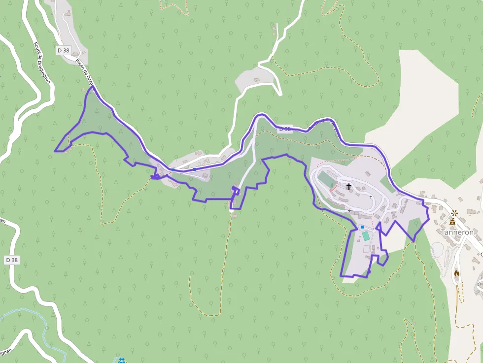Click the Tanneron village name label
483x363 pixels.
pyautogui.click(x=457, y=232)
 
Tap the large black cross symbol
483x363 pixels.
pyautogui.click(x=349, y=187)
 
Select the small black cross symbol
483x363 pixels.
pyautogui.click(x=371, y=197)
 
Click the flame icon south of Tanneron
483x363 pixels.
pyautogui.click(x=457, y=273)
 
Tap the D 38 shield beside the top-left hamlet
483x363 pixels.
pyautogui.click(x=63, y=50)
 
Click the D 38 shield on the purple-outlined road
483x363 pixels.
pyautogui.click(x=285, y=129)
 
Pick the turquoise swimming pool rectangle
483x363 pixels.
pyautogui.click(x=366, y=236)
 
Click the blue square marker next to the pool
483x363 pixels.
pyautogui.click(x=362, y=227)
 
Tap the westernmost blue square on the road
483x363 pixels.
pyautogui.click(x=173, y=170)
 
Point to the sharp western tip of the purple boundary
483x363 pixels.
pyautogui.click(x=55, y=151)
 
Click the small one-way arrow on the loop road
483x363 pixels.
pyautogui.click(x=350, y=210)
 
